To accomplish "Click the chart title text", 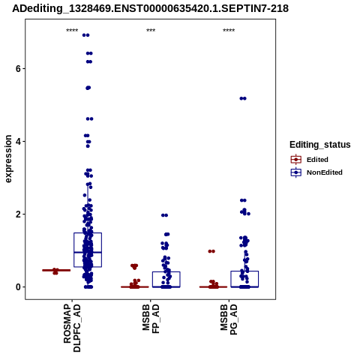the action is pos(150,8).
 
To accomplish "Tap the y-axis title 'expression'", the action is pos(8,159).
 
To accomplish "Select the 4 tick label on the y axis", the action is pos(18,142).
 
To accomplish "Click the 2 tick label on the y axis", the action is pos(18,214).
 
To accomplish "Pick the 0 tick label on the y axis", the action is pos(18,287).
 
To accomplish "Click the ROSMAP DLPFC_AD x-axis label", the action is pos(72,328).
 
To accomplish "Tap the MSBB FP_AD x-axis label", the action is pos(151,319).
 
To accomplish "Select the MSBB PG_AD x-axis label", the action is pos(229,319).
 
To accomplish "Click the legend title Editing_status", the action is pos(320,145).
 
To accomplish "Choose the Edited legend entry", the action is pos(310,160).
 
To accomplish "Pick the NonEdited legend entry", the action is pos(316,172).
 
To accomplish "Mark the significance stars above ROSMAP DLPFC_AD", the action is pos(72,31).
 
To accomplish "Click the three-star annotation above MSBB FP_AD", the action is pos(151,31).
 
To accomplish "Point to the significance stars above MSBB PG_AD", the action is pos(229,31).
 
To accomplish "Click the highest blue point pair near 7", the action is pos(85,35).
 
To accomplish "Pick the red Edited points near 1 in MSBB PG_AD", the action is pos(211,251).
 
